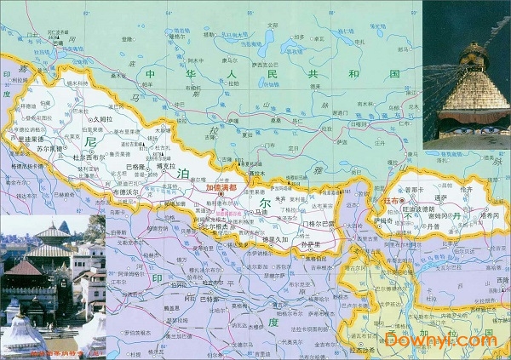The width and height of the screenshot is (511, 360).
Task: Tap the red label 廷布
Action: pos(393,200)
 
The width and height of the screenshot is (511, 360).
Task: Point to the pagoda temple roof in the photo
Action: pos(51,234)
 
